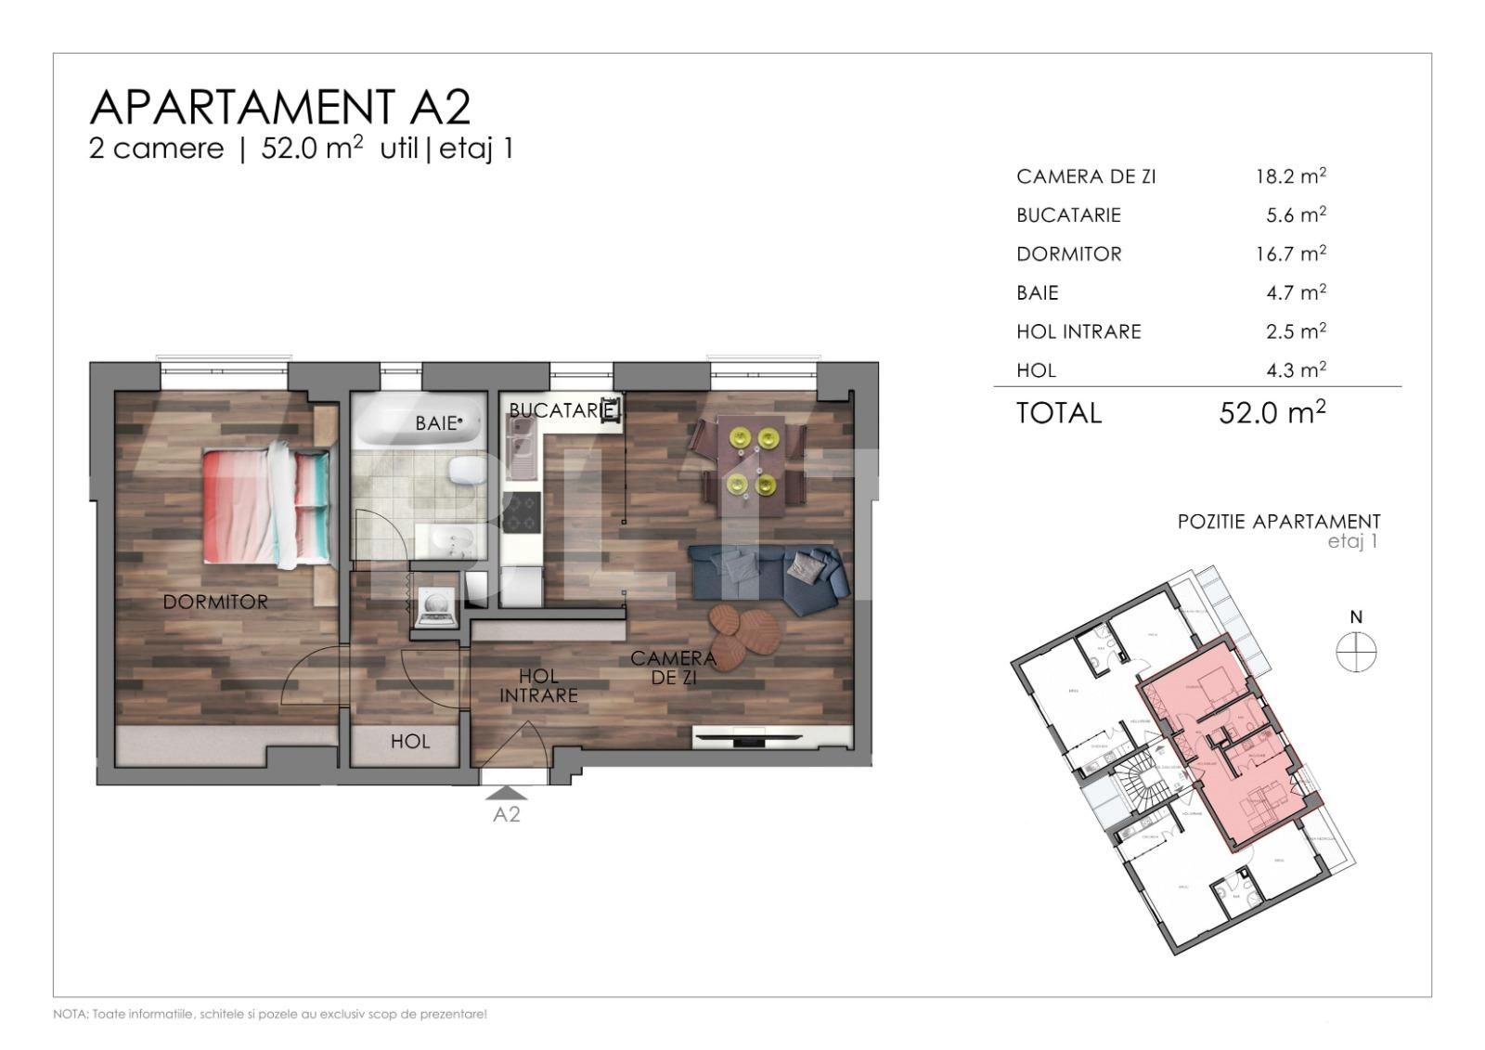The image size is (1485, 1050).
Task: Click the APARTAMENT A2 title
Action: pyautogui.click(x=279, y=107)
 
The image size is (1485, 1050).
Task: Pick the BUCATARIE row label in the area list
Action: pyautogui.click(x=1068, y=214)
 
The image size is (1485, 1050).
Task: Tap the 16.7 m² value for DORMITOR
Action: pyautogui.click(x=1290, y=253)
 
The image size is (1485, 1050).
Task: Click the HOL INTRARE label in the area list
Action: pyautogui.click(x=1078, y=331)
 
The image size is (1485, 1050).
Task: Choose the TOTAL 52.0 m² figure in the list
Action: pyautogui.click(x=1272, y=412)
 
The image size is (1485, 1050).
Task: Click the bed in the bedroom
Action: pyautogui.click(x=266, y=505)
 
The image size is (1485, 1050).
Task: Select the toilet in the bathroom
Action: pyautogui.click(x=465, y=473)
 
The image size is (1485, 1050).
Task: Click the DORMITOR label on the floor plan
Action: pyautogui.click(x=215, y=602)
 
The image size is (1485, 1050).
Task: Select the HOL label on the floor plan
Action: pyautogui.click(x=409, y=742)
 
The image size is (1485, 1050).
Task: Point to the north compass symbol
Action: pyautogui.click(x=1356, y=651)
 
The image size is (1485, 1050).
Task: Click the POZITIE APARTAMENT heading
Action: pyautogui.click(x=1278, y=522)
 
